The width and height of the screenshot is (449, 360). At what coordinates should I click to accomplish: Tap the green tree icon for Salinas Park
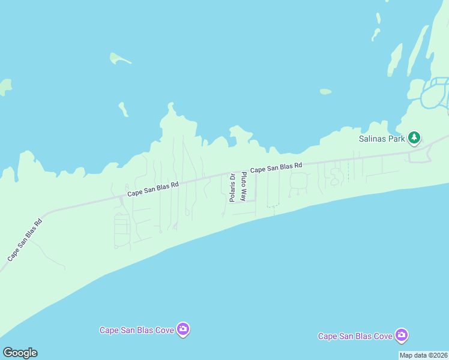pyautogui.click(x=414, y=138)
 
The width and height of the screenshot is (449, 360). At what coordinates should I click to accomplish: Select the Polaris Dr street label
pyautogui.click(x=232, y=188)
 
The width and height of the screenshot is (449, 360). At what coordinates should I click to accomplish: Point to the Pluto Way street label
pyautogui.click(x=244, y=186)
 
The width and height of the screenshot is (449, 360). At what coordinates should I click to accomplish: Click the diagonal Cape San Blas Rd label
pyautogui.click(x=25, y=239)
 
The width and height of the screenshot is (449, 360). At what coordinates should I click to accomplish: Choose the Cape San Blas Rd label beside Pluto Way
pyautogui.click(x=276, y=167)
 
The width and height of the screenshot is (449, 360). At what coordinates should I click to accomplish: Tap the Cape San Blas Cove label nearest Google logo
pyautogui.click(x=137, y=329)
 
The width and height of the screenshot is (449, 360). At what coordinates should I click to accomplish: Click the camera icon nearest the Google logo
pyautogui.click(x=183, y=329)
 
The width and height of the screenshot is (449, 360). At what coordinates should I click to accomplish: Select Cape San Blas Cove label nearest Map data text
pyautogui.click(x=355, y=336)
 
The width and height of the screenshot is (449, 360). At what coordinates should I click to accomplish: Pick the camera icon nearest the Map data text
pyautogui.click(x=402, y=335)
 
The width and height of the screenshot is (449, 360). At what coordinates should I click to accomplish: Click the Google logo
pyautogui.click(x=20, y=353)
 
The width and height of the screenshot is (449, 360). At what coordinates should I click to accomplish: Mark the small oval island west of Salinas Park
pyautogui.click(x=325, y=92)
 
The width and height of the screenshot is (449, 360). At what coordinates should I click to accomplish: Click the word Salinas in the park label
pyautogui.click(x=367, y=138)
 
